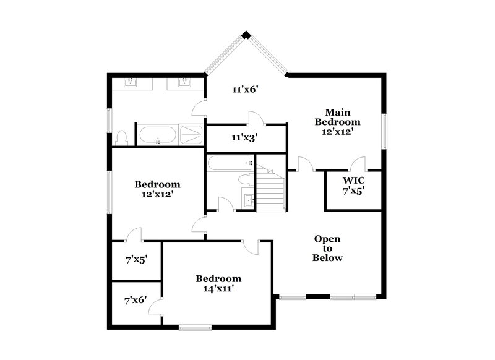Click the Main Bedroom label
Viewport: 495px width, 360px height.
tap(338, 121)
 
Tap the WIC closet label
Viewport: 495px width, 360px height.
tap(354, 186)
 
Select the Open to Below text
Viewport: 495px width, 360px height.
tap(328, 248)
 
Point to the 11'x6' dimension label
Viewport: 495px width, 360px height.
tap(245, 90)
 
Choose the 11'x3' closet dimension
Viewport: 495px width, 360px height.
tap(245, 137)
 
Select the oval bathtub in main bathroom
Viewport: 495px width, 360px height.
tap(157, 134)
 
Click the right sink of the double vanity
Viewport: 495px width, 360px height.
tap(184, 83)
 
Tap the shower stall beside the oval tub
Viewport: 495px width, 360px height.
tap(191, 134)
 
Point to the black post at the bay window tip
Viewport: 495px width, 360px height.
tap(246, 35)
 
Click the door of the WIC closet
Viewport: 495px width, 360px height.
tap(357, 164)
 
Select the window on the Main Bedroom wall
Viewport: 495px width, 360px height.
tap(384, 132)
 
